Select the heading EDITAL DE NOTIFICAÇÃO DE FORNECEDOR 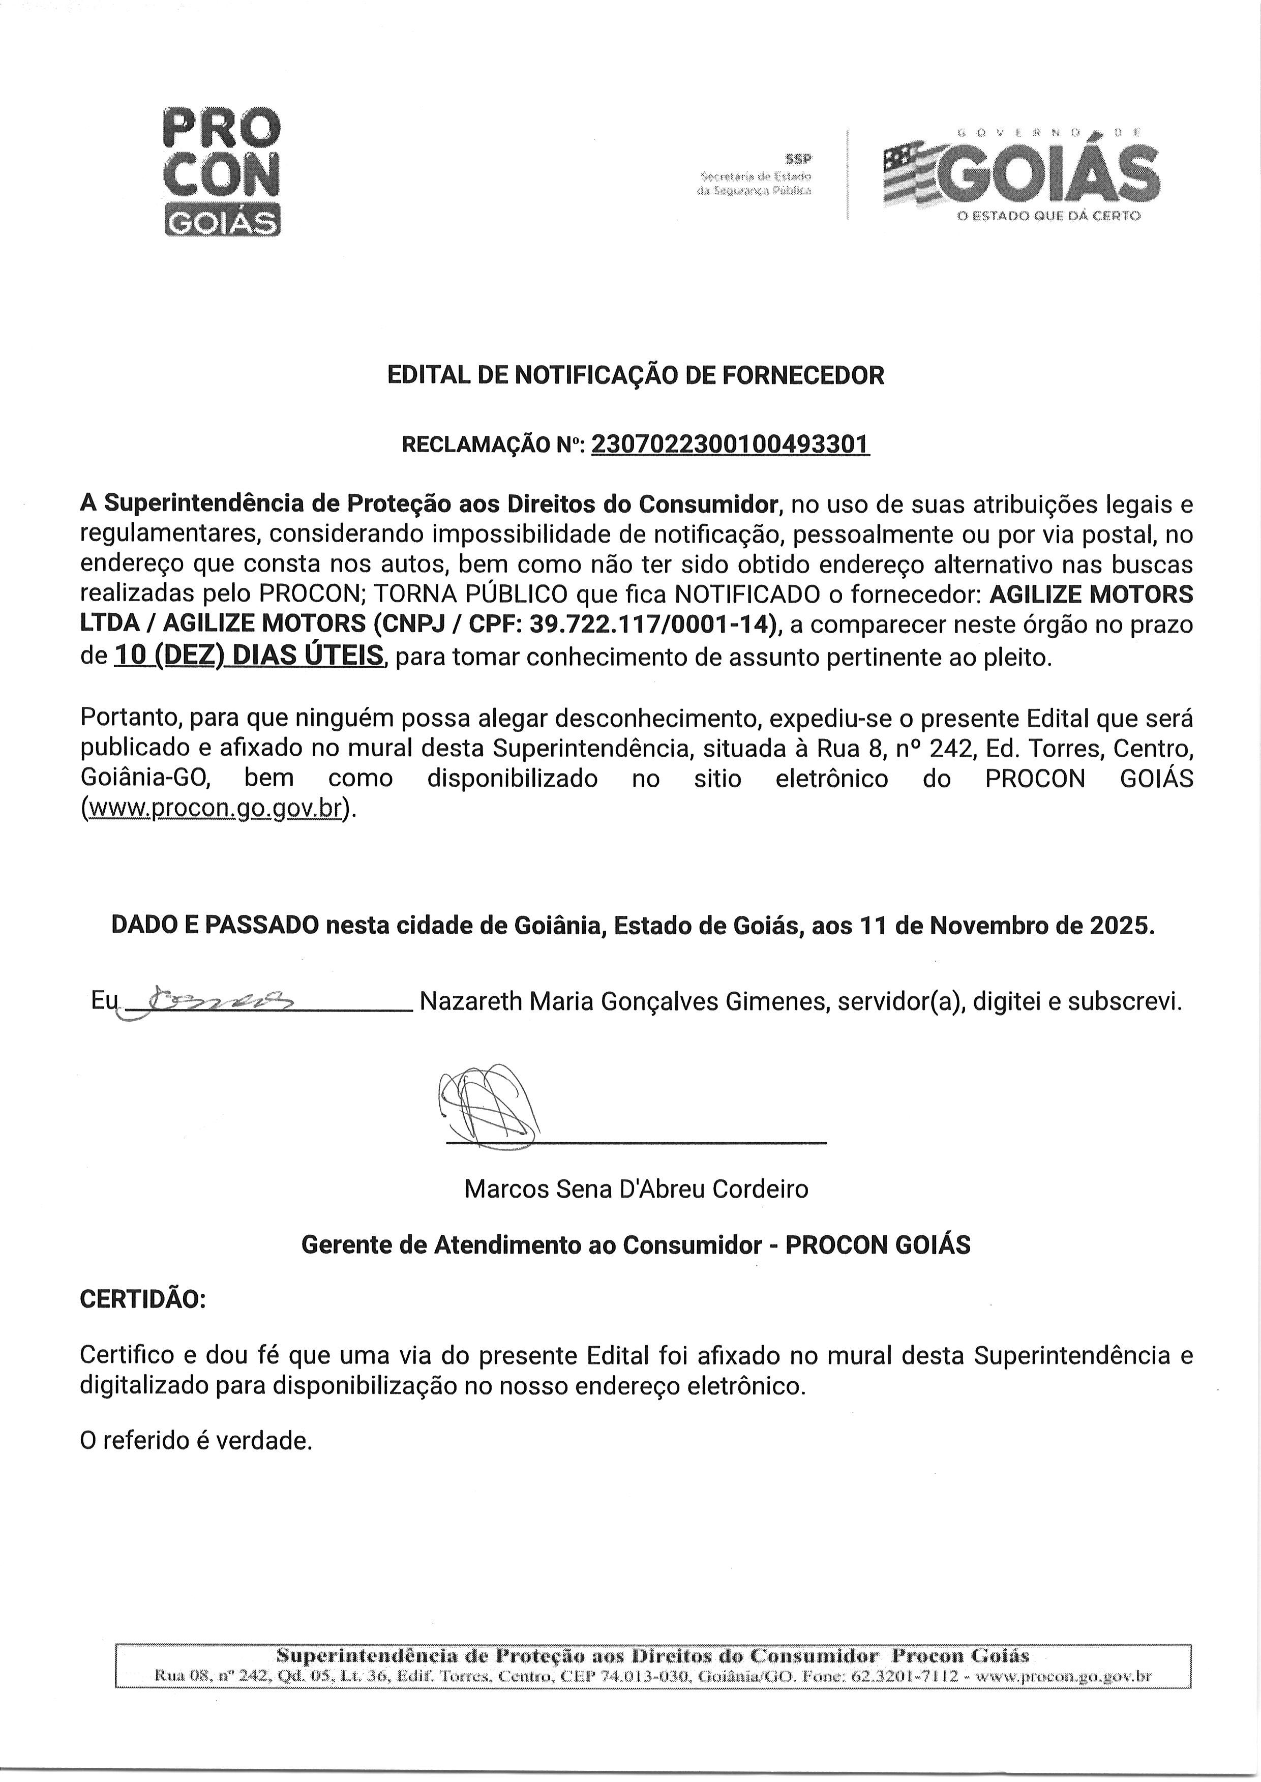tap(635, 376)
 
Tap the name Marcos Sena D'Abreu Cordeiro tap(636, 1189)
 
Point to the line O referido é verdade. tap(196, 1442)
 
